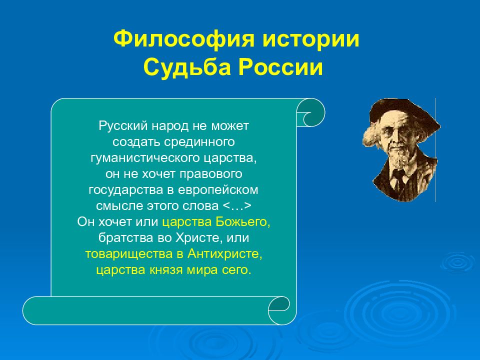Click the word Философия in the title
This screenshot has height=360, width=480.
pos(183,39)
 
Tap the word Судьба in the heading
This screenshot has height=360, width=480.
pos(186,67)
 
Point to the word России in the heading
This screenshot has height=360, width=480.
pos(280,67)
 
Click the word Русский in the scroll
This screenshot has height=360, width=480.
pos(123,126)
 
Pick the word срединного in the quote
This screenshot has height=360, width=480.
pos(199,141)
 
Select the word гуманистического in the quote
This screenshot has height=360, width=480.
pos(145,158)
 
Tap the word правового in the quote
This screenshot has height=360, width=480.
pos(211,174)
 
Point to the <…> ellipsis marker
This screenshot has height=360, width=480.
pos(236,205)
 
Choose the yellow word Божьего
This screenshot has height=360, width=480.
pos(243,221)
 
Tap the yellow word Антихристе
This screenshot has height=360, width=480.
pos(225,254)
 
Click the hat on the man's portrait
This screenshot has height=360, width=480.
pos(404,111)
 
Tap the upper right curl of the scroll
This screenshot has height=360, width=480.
pos(310,112)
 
